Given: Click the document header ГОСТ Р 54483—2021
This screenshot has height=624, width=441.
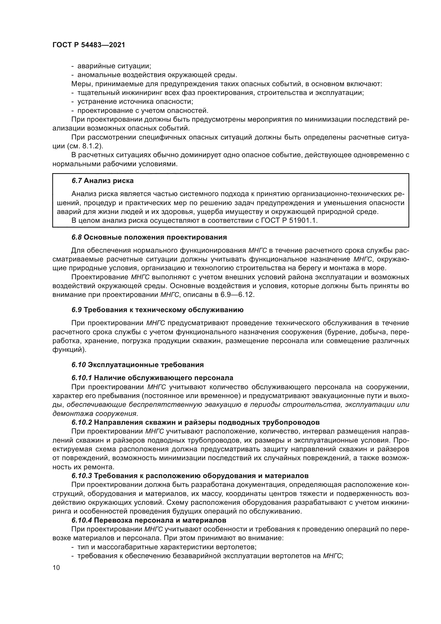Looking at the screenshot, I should [89, 45].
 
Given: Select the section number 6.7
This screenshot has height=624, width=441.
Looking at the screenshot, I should [77, 180].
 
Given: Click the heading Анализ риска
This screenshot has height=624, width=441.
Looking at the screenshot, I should [109, 180].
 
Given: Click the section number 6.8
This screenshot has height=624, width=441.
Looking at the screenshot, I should [77, 237].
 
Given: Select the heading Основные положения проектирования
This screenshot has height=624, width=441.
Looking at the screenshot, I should [155, 237].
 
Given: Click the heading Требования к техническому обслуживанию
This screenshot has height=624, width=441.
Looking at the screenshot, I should [163, 310].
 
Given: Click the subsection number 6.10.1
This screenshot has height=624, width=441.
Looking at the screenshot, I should [82, 378].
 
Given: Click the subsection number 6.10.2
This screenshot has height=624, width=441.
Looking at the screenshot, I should [82, 422].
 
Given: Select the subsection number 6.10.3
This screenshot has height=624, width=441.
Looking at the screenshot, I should [82, 476].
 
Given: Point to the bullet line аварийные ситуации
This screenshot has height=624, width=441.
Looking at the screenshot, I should [114, 66].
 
